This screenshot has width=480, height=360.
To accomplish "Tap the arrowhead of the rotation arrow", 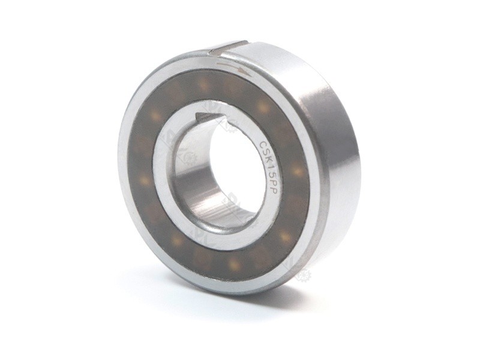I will click(x=245, y=70).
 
